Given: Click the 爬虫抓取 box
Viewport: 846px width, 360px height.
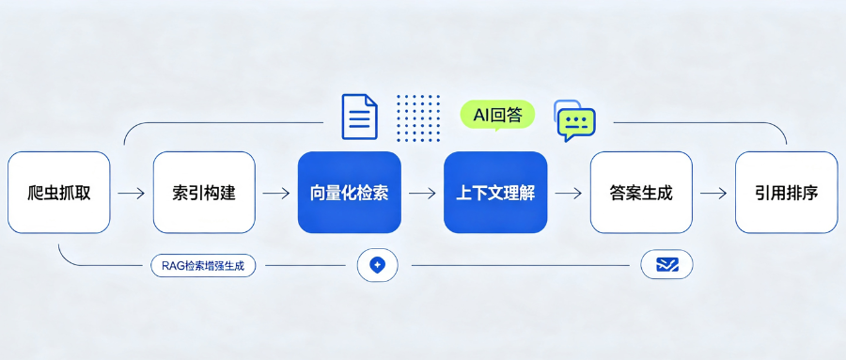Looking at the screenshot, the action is click(59, 192).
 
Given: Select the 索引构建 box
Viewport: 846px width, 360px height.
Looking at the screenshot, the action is click(204, 192).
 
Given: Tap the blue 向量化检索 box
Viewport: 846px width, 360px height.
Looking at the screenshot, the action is click(350, 192).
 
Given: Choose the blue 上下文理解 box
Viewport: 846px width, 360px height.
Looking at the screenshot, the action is click(495, 192).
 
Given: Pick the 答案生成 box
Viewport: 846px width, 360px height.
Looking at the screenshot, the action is click(641, 192).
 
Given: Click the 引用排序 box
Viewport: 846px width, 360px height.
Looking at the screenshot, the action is click(787, 192).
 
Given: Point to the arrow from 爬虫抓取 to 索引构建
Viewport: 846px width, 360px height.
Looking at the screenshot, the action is click(132, 193).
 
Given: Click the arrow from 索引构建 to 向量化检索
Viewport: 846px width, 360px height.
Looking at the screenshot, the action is click(276, 193).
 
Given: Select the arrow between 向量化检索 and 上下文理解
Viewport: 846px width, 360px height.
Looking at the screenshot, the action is click(422, 193).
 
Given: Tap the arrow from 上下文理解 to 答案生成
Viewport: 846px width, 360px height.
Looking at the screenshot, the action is click(568, 193).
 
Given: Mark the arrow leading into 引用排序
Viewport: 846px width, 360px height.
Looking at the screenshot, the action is click(713, 193).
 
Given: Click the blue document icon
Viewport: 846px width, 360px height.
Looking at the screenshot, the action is click(359, 117).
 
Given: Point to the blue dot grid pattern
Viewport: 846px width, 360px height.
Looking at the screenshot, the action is click(418, 118).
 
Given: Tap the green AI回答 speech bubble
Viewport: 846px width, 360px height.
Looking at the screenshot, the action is click(497, 115).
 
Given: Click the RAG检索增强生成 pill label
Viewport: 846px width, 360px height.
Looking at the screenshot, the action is click(203, 266).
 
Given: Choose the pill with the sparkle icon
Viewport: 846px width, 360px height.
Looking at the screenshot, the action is click(378, 265).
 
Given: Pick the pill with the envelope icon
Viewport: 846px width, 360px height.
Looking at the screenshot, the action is click(666, 264).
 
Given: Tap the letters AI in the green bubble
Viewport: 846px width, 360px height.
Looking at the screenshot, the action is click(480, 114).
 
